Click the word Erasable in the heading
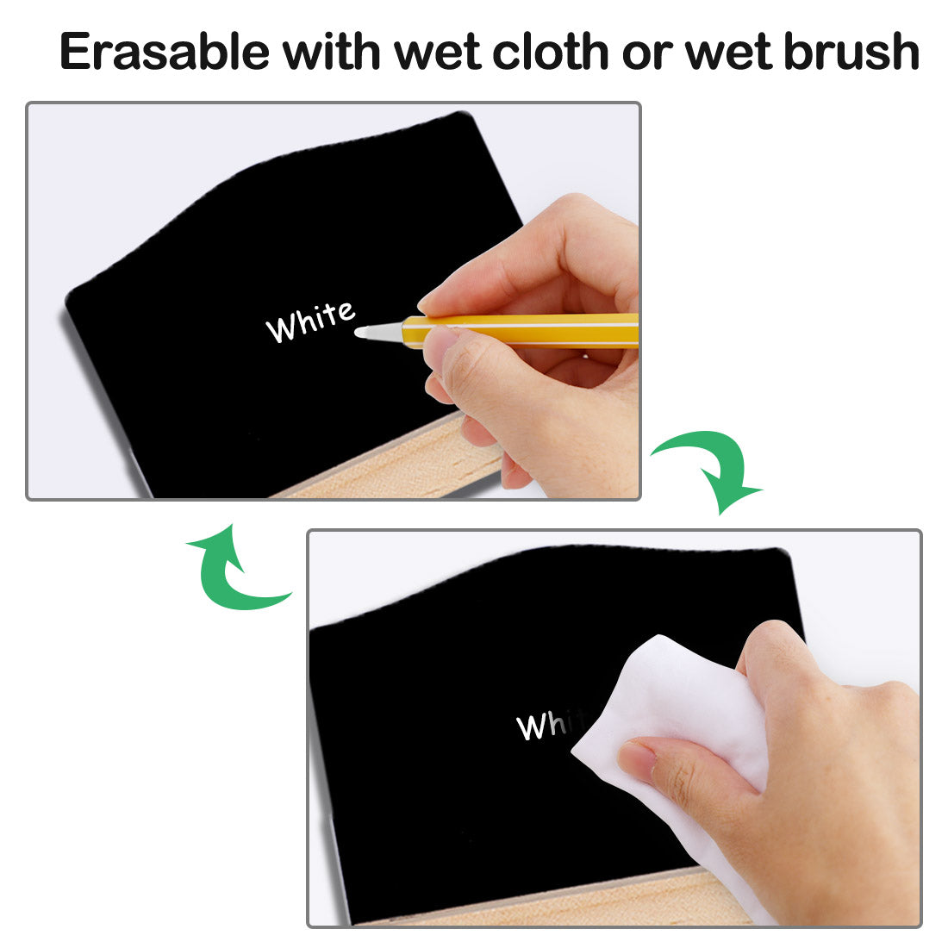click(x=165, y=52)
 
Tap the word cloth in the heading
click(x=550, y=51)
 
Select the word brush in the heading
click(x=851, y=51)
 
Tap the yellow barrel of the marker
click(x=520, y=330)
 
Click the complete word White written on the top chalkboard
click(x=310, y=321)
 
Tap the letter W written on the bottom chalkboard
click(x=530, y=727)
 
